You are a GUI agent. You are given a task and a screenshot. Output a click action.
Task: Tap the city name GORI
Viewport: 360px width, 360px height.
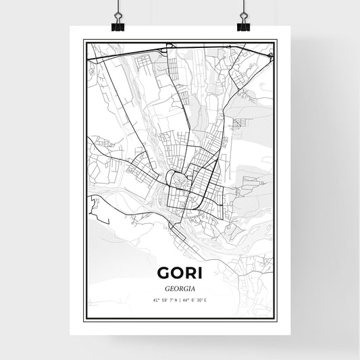[179, 272]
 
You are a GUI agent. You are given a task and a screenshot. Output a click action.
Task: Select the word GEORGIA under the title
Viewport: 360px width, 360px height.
[179, 287]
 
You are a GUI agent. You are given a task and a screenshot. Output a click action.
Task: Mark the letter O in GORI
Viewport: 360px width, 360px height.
[177, 272]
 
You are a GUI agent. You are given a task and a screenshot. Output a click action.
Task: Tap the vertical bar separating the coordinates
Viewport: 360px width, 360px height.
[180, 301]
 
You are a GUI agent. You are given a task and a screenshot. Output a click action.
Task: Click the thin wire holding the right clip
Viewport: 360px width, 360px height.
[243, 5]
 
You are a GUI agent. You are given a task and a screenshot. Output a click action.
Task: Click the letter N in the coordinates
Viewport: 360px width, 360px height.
[176, 301]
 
